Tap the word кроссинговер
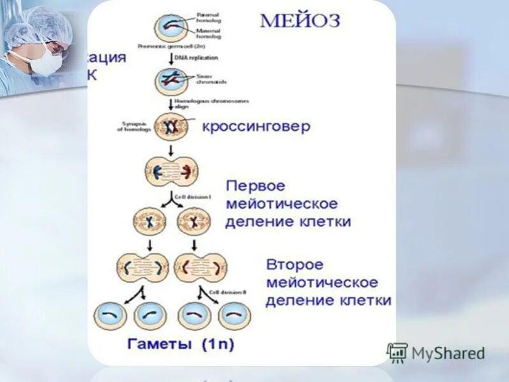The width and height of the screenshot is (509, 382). [x=256, y=126]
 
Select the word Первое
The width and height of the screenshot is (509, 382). [x=255, y=187]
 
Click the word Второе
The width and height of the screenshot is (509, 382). [x=295, y=264]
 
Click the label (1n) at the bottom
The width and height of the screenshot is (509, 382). [x=218, y=344]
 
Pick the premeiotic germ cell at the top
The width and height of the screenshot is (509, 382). [x=171, y=28]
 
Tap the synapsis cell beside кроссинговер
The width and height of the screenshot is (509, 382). [x=171, y=127]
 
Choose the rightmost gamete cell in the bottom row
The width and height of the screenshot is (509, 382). [x=234, y=315]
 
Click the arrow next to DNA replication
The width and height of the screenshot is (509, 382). [x=171, y=57]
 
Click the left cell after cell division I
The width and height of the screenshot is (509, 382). [x=150, y=222]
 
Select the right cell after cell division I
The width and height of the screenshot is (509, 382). [x=193, y=222]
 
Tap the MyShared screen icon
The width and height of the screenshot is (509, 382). [x=397, y=353]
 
